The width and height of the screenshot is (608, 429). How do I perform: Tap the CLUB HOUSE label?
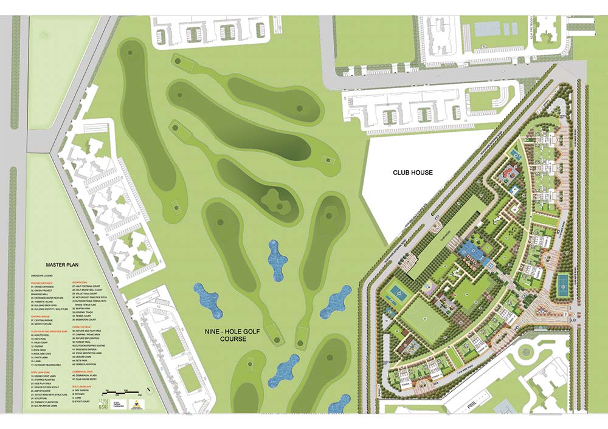click(412, 173)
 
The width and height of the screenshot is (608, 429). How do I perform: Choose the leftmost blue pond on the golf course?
click(207, 299)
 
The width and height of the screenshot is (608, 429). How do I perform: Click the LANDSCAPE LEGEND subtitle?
click(44, 276)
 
